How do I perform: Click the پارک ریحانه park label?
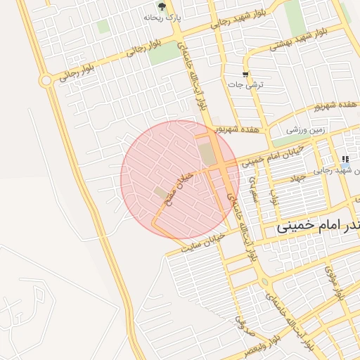click(x=162, y=17)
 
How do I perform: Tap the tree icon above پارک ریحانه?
click(x=162, y=6)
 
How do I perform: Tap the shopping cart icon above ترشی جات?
click(x=245, y=75)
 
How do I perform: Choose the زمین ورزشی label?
click(x=306, y=130)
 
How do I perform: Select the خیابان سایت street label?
click(x=201, y=243)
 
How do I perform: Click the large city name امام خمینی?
click(x=316, y=226)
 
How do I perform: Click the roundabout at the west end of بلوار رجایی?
click(x=46, y=81)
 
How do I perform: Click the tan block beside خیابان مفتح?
click(x=162, y=192)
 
